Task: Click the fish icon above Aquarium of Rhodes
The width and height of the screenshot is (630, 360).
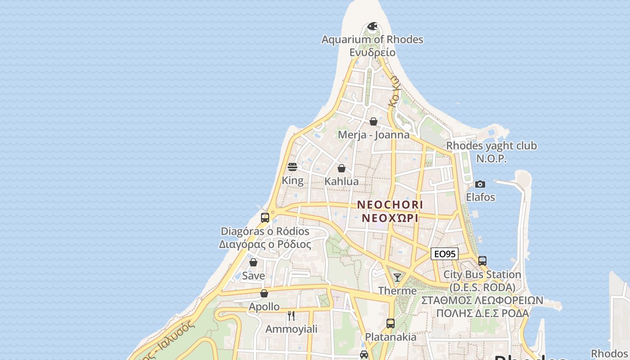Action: click(372, 27)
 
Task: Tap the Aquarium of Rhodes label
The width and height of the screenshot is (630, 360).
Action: click(372, 40)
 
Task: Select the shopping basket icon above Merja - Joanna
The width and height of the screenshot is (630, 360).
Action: click(373, 121)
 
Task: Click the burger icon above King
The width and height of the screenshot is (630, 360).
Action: click(292, 167)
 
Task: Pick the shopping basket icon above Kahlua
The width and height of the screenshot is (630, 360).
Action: click(342, 169)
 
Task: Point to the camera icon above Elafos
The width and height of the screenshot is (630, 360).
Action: click(480, 184)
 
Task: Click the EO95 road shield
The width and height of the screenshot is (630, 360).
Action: click(444, 254)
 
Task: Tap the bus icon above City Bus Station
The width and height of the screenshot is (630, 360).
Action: click(482, 261)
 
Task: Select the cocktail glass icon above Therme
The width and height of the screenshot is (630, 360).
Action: click(397, 277)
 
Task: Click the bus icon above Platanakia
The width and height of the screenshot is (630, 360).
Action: click(390, 324)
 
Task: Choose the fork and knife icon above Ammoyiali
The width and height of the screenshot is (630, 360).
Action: click(291, 316)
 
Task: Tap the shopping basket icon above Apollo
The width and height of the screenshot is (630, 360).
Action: click(264, 294)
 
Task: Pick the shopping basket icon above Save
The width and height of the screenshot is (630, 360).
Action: click(253, 262)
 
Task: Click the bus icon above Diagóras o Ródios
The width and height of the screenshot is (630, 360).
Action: click(265, 218)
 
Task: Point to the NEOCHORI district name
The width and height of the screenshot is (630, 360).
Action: click(390, 205)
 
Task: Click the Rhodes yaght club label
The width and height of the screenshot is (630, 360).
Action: click(491, 146)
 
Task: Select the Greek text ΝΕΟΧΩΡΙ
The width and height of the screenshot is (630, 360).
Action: click(390, 218)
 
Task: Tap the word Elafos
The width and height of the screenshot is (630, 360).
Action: click(480, 197)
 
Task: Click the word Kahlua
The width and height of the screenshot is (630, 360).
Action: click(342, 181)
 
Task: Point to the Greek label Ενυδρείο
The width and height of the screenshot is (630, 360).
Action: click(373, 52)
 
